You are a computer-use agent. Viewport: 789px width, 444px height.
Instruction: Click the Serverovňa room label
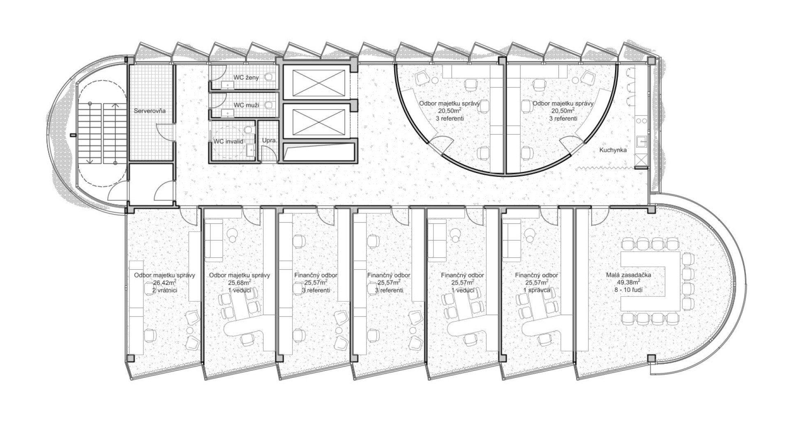point(150,111)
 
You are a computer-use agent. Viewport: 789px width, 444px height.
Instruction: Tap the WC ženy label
point(246,77)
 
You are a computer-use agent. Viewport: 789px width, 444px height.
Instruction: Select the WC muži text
point(246,105)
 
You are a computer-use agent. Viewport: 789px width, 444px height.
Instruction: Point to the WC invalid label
point(228,141)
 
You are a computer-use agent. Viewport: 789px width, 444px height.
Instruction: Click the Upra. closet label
point(270,141)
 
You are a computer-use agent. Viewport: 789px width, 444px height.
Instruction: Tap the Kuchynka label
point(613,150)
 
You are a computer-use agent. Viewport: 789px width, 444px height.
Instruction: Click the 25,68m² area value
point(240,282)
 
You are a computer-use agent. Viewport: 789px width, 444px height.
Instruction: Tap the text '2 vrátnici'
point(164,290)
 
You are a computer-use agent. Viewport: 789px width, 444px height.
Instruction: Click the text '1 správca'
point(536,290)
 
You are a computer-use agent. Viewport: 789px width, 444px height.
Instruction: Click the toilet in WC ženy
point(270,77)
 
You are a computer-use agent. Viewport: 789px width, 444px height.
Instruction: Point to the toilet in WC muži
point(270,105)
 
